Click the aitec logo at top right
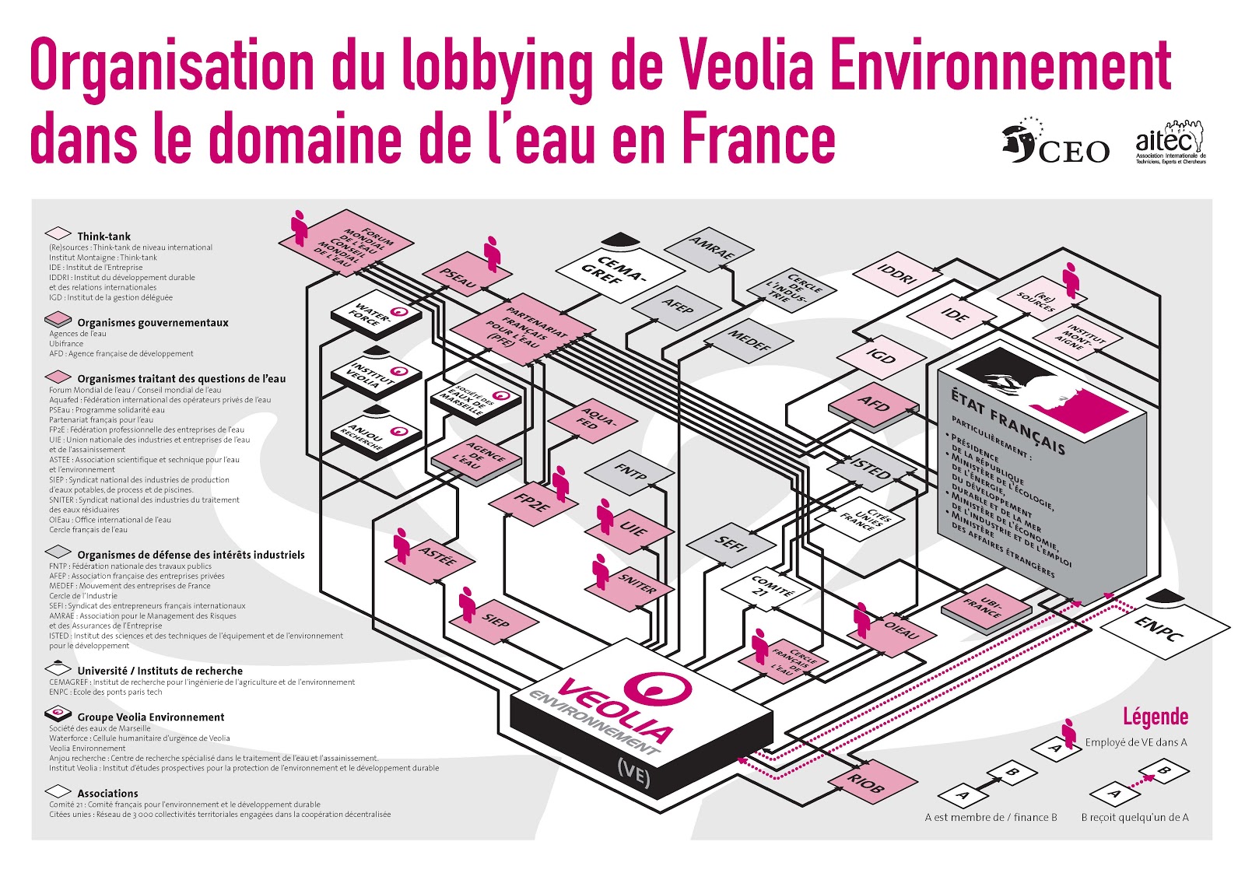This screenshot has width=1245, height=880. click(x=1170, y=142)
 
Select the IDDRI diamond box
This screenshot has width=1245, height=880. click(x=898, y=274)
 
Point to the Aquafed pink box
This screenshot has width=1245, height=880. click(x=593, y=420)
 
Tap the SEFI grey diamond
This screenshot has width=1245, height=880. click(x=731, y=543)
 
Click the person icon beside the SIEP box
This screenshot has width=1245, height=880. click(x=467, y=604)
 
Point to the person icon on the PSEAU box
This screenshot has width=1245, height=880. click(x=492, y=253)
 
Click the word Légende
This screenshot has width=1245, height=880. click(x=1155, y=716)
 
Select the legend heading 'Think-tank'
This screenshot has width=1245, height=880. click(x=103, y=236)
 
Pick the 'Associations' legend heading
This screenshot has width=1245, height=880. click(x=107, y=793)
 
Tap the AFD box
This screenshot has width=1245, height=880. click(x=873, y=404)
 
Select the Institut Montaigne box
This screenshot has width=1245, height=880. click(x=1078, y=336)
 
